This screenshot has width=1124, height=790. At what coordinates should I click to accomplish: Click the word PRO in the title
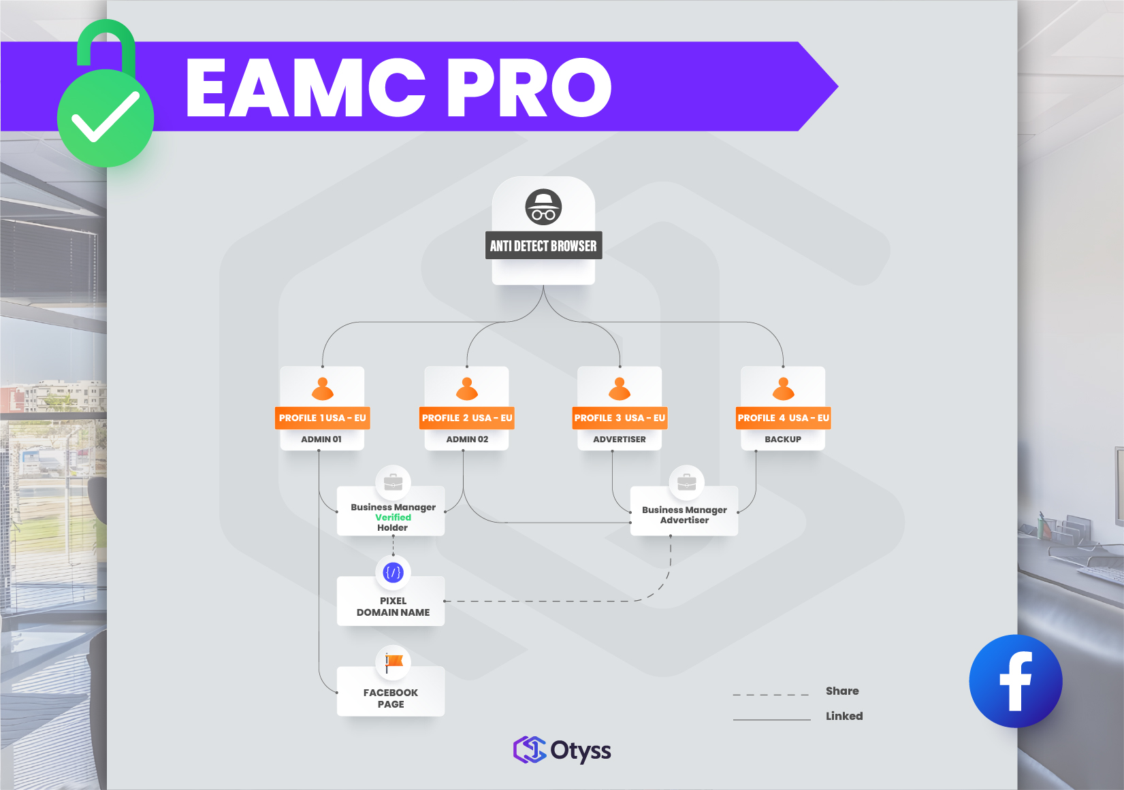[x=528, y=87]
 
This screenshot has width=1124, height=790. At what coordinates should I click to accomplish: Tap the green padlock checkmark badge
[x=106, y=116]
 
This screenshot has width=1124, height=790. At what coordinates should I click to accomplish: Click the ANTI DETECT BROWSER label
[x=543, y=246]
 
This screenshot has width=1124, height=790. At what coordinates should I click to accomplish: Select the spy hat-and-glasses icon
[x=543, y=207]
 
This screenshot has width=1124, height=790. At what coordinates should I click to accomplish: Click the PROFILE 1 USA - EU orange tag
[x=322, y=418]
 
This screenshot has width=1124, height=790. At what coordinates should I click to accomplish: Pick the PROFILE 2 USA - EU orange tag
[x=467, y=418]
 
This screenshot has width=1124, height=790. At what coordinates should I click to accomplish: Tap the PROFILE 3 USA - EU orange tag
[x=620, y=418]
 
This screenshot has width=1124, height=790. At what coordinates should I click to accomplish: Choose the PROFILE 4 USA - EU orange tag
[x=783, y=418]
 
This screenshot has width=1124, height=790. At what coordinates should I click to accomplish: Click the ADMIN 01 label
[x=321, y=440]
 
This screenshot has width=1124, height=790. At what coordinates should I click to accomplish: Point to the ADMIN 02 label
[x=467, y=440]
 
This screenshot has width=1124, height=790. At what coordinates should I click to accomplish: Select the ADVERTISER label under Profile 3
[x=620, y=440]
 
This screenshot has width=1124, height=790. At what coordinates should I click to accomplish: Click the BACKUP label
[x=783, y=440]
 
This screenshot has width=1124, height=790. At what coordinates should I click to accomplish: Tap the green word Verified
[x=393, y=517]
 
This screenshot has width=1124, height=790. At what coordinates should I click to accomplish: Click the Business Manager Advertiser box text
[x=684, y=515]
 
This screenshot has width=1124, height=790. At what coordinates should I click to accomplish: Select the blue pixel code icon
[x=394, y=572]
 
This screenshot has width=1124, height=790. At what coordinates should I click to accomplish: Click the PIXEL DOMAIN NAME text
[x=393, y=606]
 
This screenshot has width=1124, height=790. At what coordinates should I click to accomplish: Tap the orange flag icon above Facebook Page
[x=394, y=661]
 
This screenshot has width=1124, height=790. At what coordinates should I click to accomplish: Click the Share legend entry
[x=842, y=691]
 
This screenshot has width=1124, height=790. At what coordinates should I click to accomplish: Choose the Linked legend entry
[x=844, y=716]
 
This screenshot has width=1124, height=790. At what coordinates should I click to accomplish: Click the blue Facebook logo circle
[x=1015, y=681]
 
